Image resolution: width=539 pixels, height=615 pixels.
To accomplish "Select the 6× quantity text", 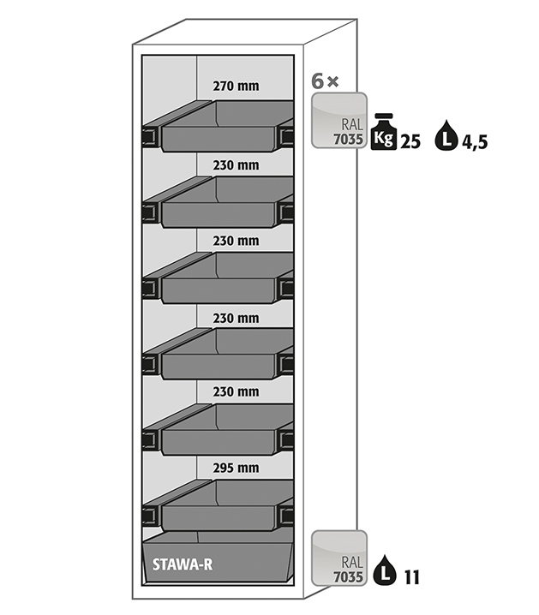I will tap(326, 82).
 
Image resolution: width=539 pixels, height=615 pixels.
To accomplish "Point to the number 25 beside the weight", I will tap(410, 142).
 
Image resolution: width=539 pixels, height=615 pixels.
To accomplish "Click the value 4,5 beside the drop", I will tap(475, 142).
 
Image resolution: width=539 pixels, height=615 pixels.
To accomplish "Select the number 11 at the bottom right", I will tap(411, 578).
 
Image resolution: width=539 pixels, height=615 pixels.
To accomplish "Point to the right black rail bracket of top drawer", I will tap(287, 135).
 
